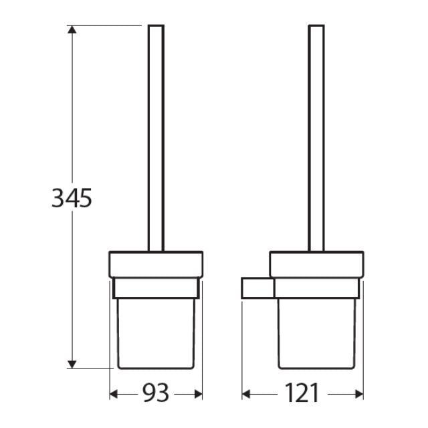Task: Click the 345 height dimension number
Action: pyautogui.click(x=71, y=198)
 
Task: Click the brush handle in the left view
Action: pyautogui.click(x=156, y=134)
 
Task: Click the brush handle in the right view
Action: pyautogui.click(x=316, y=134)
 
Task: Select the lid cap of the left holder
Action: pyautogui.click(x=156, y=264)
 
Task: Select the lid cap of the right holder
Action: pyautogui.click(x=317, y=264)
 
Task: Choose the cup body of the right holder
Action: pyautogui.click(x=317, y=331)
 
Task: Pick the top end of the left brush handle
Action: pyautogui.click(x=156, y=27)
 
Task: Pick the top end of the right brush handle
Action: pyautogui.click(x=316, y=27)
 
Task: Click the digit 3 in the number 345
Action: pyautogui.click(x=58, y=198)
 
